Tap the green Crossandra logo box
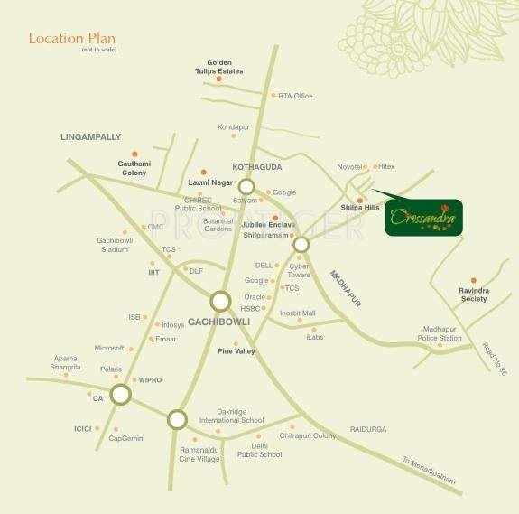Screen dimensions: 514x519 point(423,218)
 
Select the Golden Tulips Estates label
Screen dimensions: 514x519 point(219,67)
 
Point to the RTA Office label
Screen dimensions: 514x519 point(295,96)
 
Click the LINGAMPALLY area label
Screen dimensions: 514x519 point(90,136)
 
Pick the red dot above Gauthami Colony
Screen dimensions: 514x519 point(134,154)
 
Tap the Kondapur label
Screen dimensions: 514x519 point(233,127)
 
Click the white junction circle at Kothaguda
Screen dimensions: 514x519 point(246,188)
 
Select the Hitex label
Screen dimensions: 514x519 point(387,167)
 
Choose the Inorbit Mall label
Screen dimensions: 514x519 point(297,313)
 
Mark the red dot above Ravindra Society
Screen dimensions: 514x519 point(472,280)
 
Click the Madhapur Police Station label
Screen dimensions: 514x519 point(440,333)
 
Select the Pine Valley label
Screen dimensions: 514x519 point(236,350)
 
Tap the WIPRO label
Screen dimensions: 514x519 point(150,380)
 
